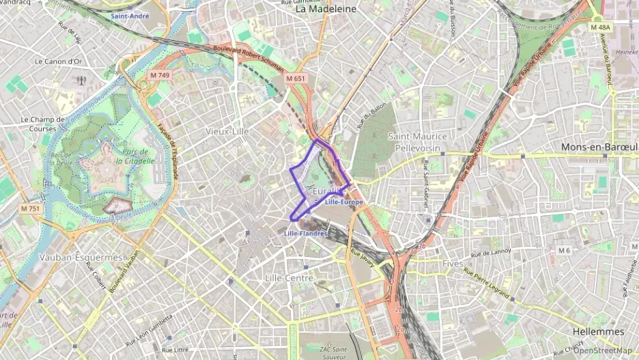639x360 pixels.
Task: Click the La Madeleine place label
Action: click(326, 10)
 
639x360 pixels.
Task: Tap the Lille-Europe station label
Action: click(344, 203)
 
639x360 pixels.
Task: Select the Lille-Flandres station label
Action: click(305, 234)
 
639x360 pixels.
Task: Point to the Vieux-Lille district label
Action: click(227, 130)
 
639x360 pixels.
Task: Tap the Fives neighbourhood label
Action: click(452, 263)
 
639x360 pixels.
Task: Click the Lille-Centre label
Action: click(289, 278)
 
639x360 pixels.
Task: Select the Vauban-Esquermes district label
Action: click(81, 258)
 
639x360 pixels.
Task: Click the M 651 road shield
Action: click(296, 79)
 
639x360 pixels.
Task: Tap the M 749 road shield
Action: click(160, 74)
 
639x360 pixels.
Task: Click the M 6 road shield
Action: click(563, 251)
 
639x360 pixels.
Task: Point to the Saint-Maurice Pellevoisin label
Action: click(417, 141)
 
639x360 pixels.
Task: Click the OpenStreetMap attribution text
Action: click(602, 351)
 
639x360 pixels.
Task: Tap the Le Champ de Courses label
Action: click(42, 123)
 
